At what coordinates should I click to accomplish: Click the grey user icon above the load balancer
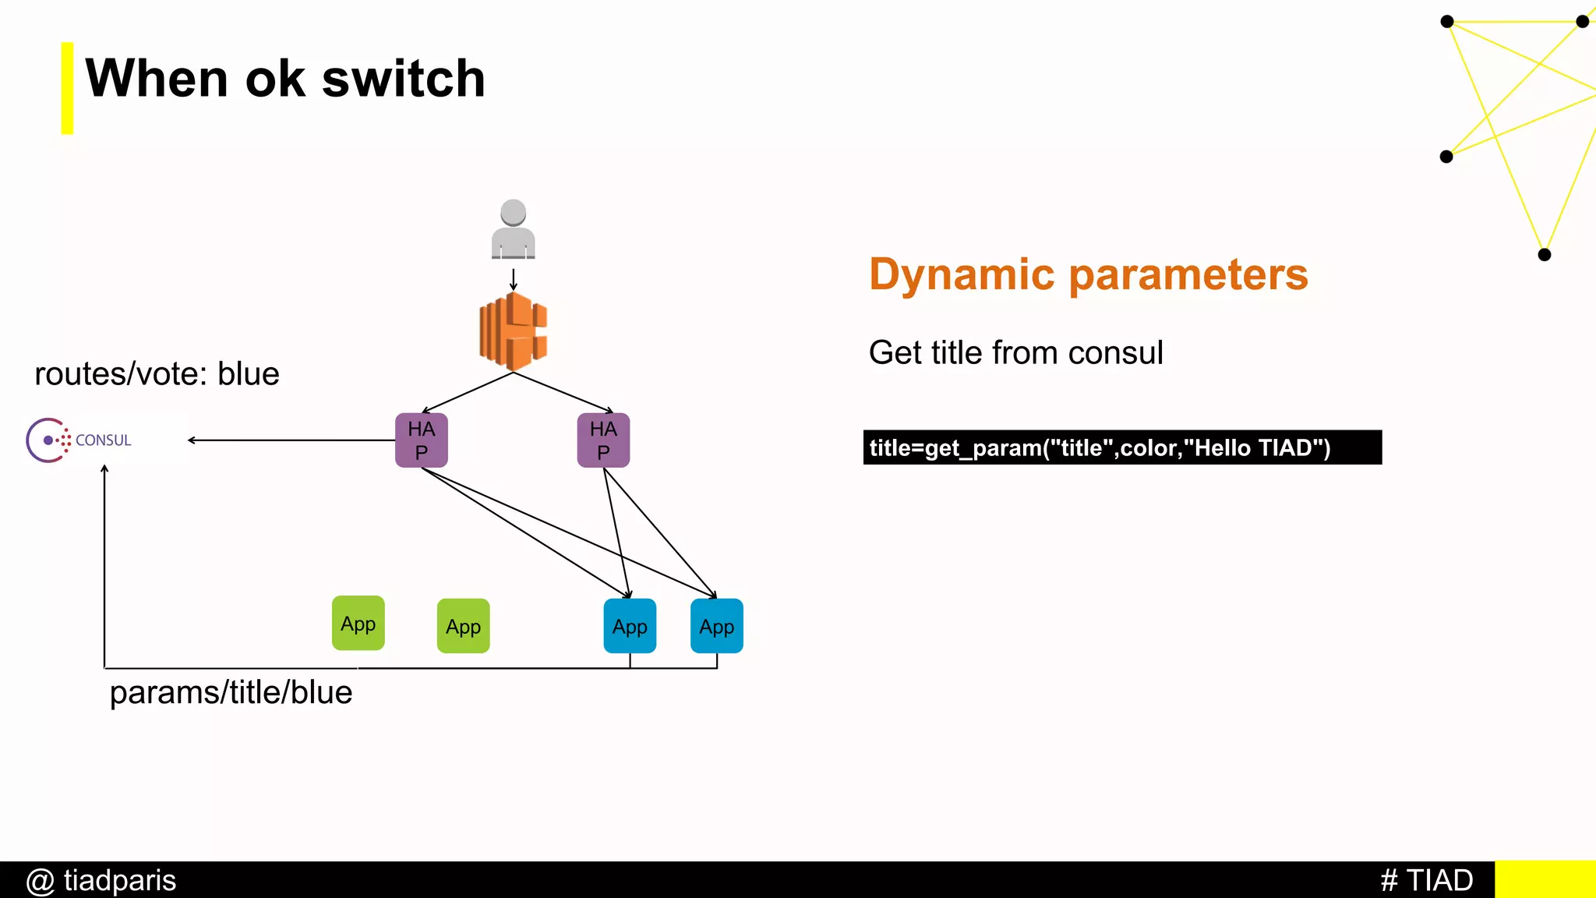(513, 230)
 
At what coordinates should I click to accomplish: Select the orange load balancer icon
(513, 331)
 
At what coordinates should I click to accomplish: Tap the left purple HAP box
(422, 440)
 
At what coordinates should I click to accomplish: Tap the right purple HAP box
(603, 440)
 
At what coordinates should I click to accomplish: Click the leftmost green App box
(358, 623)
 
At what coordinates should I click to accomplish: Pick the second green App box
(464, 626)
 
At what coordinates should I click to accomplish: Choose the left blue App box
(630, 626)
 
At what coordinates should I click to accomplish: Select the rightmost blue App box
(717, 626)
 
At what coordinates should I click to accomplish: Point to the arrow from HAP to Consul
(292, 440)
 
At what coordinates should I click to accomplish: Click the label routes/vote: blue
(157, 374)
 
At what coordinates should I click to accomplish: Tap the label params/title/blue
(231, 692)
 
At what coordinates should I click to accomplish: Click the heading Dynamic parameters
(1088, 274)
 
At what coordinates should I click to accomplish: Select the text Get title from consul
(1015, 353)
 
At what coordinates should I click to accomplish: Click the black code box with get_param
(1122, 447)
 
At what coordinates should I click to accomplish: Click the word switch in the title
(403, 79)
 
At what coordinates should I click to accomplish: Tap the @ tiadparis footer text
(101, 880)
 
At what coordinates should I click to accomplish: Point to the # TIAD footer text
(1426, 880)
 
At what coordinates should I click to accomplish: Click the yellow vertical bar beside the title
(68, 88)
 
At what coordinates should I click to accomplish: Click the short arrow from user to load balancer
(513, 279)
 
